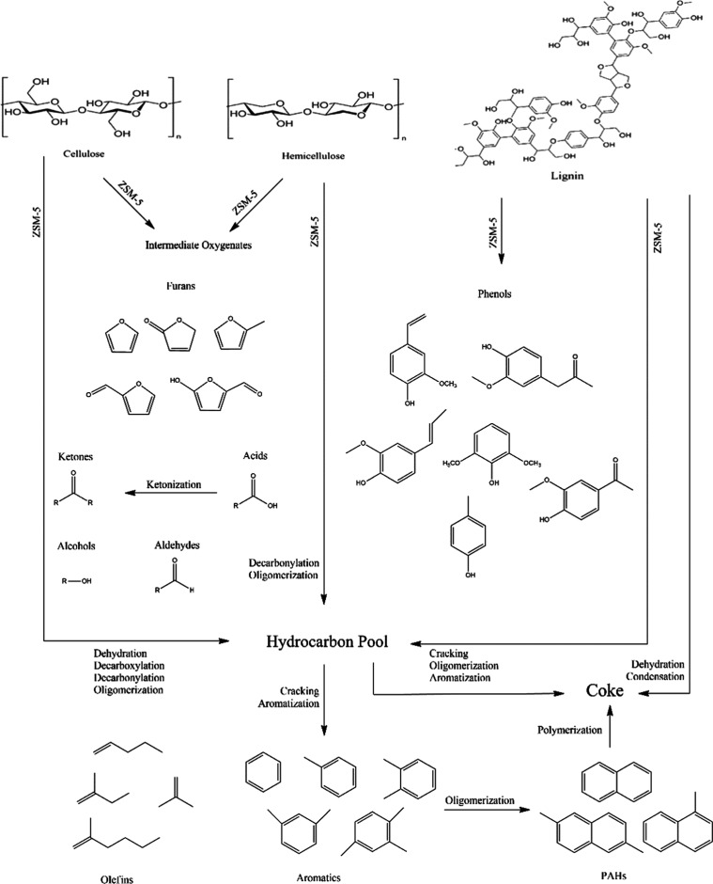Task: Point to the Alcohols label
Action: (x=81, y=545)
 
